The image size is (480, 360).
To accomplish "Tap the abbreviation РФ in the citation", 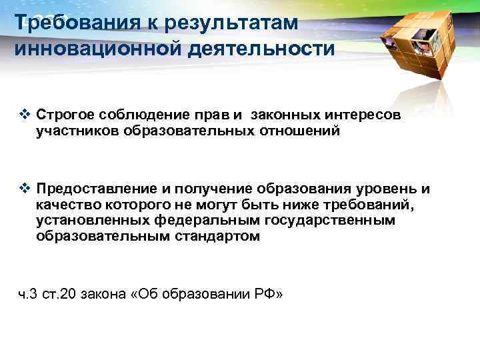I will [265, 294].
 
